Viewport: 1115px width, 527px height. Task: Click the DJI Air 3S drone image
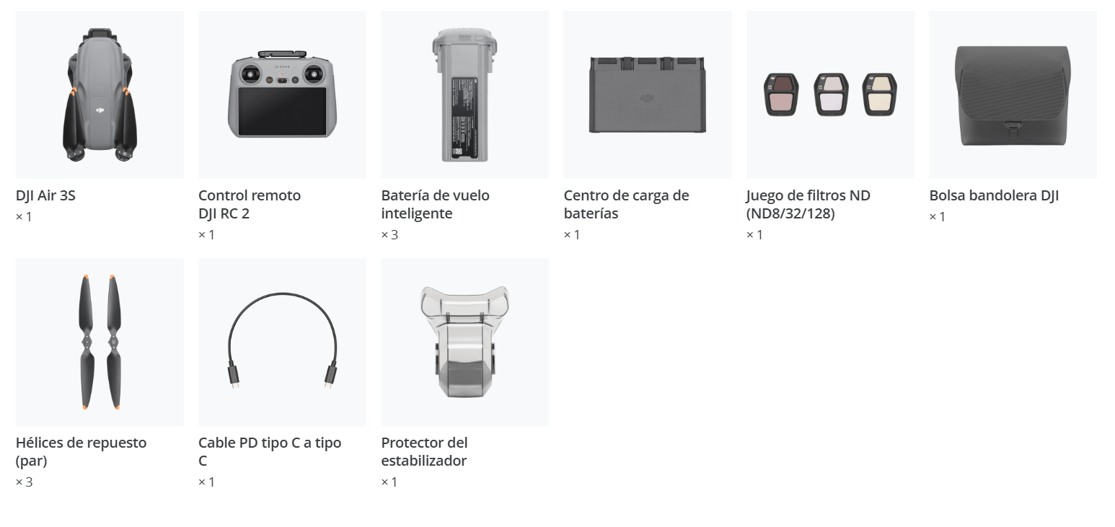coord(100,94)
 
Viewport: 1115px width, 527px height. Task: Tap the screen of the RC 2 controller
coord(282,111)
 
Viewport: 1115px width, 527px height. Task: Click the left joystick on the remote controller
coord(250,75)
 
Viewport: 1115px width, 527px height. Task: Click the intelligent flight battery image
coord(465,94)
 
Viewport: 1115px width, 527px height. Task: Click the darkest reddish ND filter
coord(781,94)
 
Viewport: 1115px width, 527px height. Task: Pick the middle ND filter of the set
coord(831,94)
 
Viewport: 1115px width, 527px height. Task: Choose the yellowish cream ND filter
coord(880,94)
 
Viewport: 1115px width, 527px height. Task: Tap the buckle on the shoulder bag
coord(1013,129)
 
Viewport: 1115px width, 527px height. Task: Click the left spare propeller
coord(87,342)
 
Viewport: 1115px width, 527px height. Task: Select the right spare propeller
coord(113,342)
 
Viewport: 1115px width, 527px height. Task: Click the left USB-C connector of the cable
coord(234,377)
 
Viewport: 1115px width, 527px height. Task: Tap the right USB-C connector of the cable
coord(330,377)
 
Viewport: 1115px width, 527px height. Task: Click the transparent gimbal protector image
coord(464,342)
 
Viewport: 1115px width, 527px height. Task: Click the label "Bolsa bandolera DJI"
coord(994,195)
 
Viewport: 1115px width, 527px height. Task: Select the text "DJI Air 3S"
coord(45,195)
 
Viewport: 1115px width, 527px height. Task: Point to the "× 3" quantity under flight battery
coord(389,235)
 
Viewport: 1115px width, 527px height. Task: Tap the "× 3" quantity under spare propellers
coord(24,482)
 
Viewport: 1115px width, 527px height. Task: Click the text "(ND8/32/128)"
coord(790,213)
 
